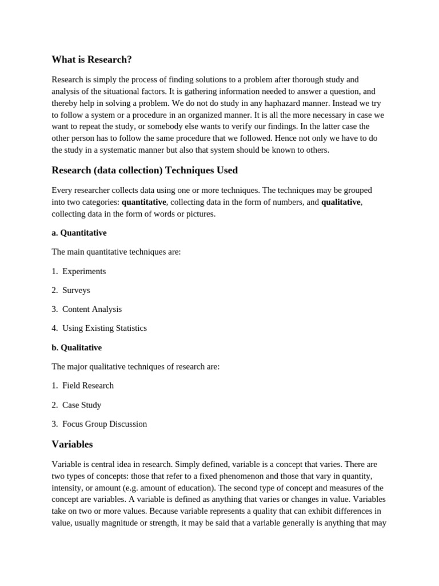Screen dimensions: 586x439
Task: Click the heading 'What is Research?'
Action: (x=91, y=60)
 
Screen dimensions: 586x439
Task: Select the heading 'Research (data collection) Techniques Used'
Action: (x=145, y=170)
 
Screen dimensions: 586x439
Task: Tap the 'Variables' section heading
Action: (x=72, y=444)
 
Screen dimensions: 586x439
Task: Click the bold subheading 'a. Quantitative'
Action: (x=79, y=233)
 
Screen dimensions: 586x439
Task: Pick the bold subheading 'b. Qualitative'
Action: (x=77, y=347)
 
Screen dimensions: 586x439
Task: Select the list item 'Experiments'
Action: (x=84, y=271)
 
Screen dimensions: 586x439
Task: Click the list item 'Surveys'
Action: (x=76, y=290)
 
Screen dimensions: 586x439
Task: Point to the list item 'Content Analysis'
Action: (x=92, y=309)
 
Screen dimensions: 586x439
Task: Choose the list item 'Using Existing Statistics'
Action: (x=105, y=328)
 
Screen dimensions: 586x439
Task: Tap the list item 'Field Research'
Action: (x=88, y=386)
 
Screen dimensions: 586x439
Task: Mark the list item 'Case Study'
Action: (x=82, y=405)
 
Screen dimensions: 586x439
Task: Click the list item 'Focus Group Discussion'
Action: (x=105, y=424)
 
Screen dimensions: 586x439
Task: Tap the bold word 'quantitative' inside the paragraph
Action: (x=143, y=202)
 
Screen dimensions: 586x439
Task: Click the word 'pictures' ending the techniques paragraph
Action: (x=200, y=214)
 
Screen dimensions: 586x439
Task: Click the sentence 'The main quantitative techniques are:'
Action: (x=116, y=252)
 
